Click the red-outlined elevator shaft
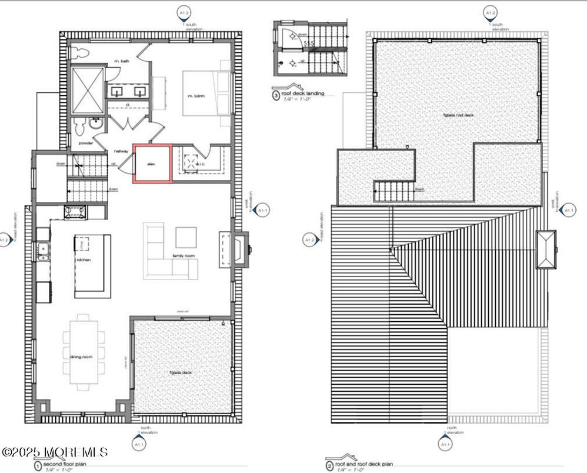coord(152,163)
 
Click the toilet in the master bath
coord(82,53)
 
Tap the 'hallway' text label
coord(122,151)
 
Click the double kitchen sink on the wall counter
coord(42,251)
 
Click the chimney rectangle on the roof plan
coord(547,249)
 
